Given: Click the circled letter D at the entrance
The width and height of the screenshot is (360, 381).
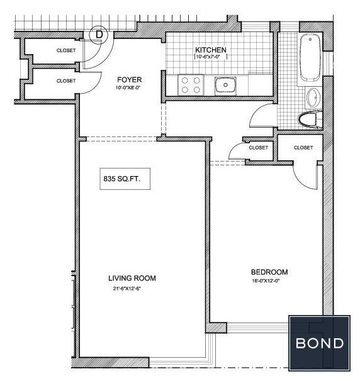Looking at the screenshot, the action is (99, 35).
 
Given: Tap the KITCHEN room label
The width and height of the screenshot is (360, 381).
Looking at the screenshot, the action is (211, 50).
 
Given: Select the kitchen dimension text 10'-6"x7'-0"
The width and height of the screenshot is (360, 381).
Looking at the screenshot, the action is (211, 57).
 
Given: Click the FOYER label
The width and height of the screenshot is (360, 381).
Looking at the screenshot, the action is (129, 79).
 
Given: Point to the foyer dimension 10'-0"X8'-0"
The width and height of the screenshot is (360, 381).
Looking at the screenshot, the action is (128, 87).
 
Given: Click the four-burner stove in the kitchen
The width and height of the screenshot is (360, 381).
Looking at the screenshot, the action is (191, 85).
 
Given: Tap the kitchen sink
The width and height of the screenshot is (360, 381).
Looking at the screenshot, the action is (225, 86).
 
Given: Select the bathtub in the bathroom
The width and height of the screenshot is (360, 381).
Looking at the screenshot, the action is (310, 58).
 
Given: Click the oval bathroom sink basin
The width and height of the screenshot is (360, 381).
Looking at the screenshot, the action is (313, 97).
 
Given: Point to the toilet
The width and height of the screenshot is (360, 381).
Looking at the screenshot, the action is (310, 119).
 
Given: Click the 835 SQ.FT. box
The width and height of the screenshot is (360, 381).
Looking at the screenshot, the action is (125, 179).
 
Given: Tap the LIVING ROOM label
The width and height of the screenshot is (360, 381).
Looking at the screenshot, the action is (132, 278).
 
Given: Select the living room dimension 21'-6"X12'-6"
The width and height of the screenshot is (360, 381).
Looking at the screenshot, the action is (127, 289).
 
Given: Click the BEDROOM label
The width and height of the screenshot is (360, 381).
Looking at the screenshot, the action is (269, 272).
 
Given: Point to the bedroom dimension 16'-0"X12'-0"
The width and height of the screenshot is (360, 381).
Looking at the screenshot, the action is (266, 281).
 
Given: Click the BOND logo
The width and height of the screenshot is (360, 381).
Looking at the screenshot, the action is (319, 343).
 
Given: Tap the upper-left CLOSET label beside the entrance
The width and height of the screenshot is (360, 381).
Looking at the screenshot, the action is (66, 50).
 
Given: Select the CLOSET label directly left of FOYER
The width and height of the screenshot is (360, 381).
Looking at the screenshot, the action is (66, 80).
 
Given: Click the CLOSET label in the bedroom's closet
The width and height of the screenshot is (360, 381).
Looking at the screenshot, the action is (303, 148).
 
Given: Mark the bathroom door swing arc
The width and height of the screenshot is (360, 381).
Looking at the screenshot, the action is (256, 111).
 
